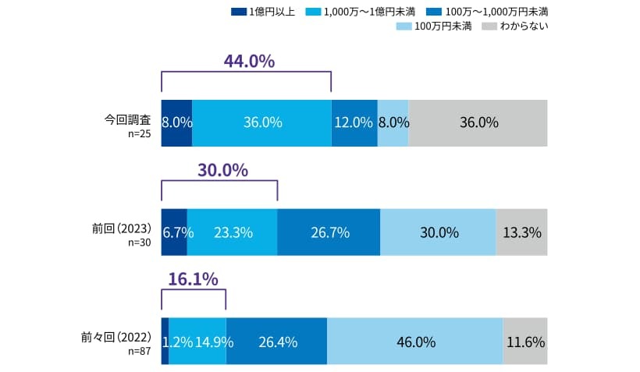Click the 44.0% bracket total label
tap(249, 61)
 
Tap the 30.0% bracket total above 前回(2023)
tap(222, 170)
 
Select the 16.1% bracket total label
tap(193, 279)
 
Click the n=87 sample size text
tap(139, 351)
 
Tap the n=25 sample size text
tap(139, 133)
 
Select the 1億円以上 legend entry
tap(263, 12)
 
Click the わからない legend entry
tap(515, 27)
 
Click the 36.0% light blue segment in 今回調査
tap(261, 123)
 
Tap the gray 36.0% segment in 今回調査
tap(478, 123)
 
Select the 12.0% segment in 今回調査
tap(354, 123)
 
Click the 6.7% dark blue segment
tap(174, 232)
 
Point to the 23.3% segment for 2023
tap(232, 232)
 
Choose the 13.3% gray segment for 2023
tap(521, 232)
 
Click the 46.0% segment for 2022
tap(414, 341)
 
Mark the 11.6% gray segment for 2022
tap(524, 341)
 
